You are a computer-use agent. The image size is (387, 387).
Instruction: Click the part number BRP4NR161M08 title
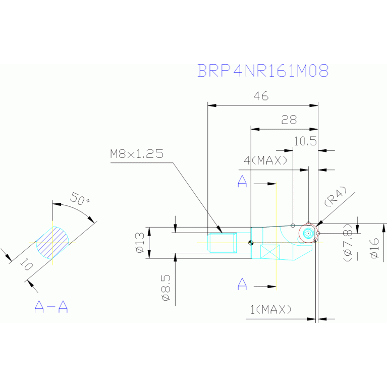(263, 71)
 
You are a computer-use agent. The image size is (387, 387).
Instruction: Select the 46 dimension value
(261, 96)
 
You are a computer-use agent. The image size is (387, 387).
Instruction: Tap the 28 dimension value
(289, 120)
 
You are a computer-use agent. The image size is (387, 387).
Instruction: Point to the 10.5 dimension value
(305, 141)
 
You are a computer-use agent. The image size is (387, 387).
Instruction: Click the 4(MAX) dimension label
(265, 160)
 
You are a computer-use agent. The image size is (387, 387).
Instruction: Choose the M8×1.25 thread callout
(137, 154)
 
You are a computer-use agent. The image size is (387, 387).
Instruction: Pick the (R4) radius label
(336, 196)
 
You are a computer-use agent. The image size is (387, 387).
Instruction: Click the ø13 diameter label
(140, 243)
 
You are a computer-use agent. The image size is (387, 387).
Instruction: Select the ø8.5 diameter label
(166, 288)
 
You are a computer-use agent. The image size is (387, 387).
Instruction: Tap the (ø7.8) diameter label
(348, 242)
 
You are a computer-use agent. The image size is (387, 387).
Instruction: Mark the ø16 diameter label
(374, 248)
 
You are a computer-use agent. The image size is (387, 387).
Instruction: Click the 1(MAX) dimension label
(271, 309)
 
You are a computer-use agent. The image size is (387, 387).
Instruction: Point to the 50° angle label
(80, 199)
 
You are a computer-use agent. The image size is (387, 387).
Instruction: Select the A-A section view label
(51, 307)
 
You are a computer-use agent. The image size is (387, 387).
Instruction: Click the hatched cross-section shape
(52, 243)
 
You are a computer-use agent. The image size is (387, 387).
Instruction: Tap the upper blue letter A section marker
(242, 182)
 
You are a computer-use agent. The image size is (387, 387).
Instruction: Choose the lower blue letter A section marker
(242, 284)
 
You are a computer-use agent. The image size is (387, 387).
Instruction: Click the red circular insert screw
(308, 233)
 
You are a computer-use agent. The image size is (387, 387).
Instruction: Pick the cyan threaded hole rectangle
(222, 243)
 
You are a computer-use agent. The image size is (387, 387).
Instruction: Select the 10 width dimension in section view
(26, 265)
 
